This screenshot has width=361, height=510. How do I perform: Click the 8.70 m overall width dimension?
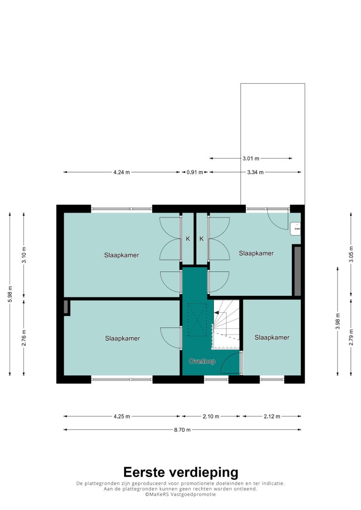pos(182,430)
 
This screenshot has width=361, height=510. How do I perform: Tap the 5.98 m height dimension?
pos(10,294)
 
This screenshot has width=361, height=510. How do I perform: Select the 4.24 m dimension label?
pos(121,172)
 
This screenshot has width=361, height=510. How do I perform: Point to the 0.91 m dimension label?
pos(195,172)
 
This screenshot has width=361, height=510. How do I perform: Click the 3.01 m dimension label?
pos(251,159)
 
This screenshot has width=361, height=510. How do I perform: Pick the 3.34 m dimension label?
pos(255,172)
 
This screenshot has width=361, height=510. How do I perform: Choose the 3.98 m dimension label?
pos(337,321)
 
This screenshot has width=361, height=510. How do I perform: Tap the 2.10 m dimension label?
pos(211,417)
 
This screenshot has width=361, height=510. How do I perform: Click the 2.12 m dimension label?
pos(272,417)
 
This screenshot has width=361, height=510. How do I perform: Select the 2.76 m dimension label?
pos(24,338)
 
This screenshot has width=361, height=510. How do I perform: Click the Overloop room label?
pos(202,361)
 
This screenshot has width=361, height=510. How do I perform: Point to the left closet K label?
pos(188,239)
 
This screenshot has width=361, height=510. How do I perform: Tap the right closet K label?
pos(202,239)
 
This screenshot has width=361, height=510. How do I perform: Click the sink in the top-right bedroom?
pos(295,229)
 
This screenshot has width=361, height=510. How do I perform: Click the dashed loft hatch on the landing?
pos(197,320)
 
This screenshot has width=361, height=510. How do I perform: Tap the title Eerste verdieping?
pos(180,472)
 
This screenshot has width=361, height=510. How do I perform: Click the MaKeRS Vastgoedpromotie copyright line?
pos(180,495)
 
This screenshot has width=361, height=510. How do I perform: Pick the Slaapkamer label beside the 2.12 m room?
pos(272,338)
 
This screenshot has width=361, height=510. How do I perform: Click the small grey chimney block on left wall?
pos(66,308)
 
